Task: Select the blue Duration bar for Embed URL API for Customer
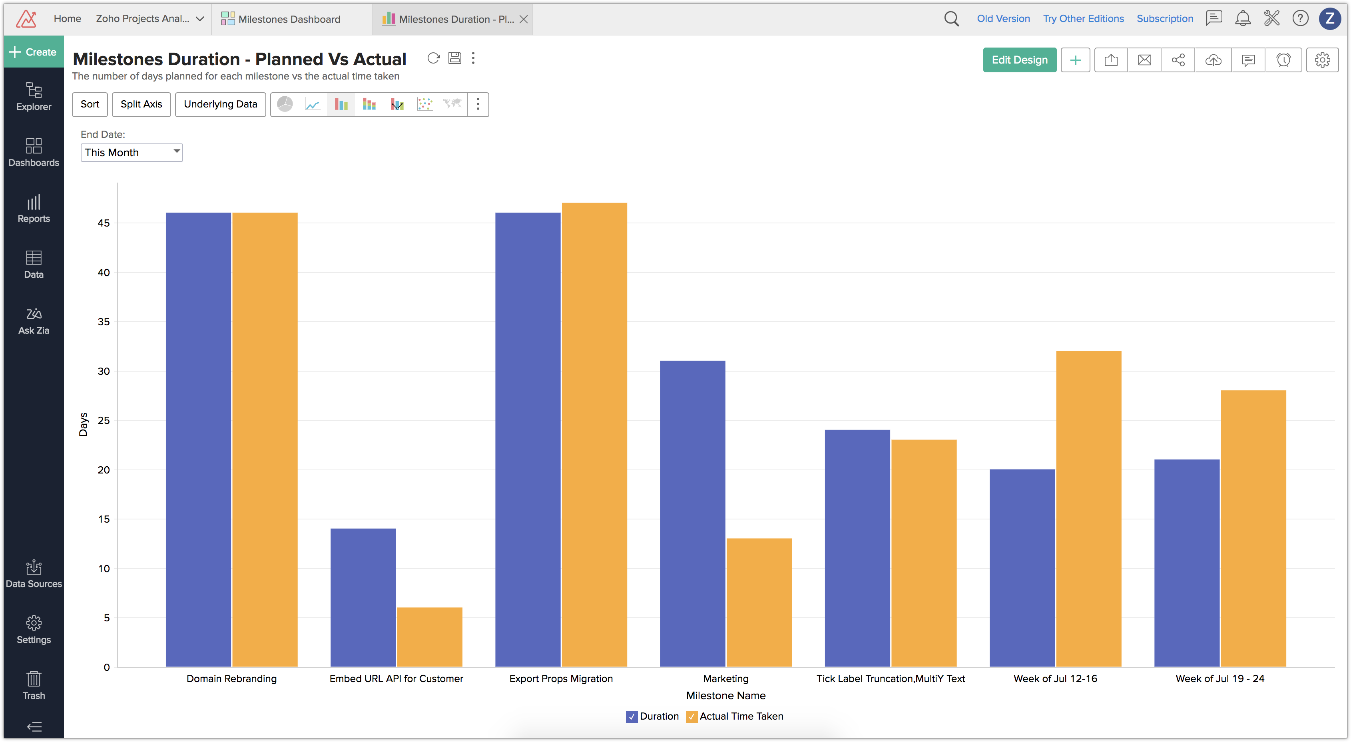click(x=363, y=597)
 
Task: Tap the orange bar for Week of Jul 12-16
click(x=1088, y=509)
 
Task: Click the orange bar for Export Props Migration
click(x=594, y=435)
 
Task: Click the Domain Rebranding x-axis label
click(x=231, y=678)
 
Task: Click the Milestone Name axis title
click(x=725, y=695)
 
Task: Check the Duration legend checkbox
click(x=632, y=716)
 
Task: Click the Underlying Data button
click(x=220, y=104)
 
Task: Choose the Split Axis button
click(x=141, y=104)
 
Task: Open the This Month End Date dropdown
click(x=132, y=153)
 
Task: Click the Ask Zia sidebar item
click(x=34, y=320)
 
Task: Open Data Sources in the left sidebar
click(x=34, y=574)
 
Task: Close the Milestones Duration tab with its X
click(x=523, y=20)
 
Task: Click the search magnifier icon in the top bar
click(x=951, y=19)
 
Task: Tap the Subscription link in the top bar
click(x=1164, y=19)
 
